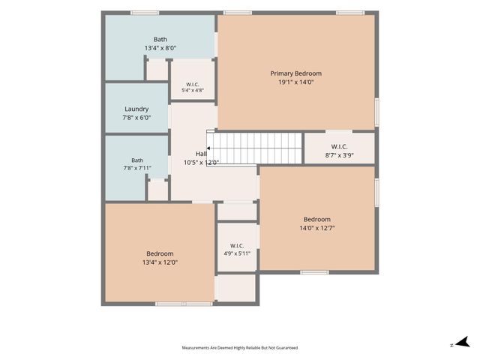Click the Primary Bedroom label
point(295,73)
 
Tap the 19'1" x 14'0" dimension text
point(296,82)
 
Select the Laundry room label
point(136,109)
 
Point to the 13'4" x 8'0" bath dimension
point(160,48)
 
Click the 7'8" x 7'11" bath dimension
point(137,168)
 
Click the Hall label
point(201,154)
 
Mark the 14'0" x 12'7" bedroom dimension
point(317,228)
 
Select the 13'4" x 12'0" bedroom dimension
point(160,262)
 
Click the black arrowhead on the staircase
point(208,148)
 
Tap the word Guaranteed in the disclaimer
point(286,348)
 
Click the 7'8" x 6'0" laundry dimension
point(136,118)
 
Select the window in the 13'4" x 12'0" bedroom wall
point(184,304)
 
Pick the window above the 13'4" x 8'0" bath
point(145,13)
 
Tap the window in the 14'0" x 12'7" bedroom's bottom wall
point(314,272)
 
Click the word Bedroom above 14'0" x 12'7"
point(317,220)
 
